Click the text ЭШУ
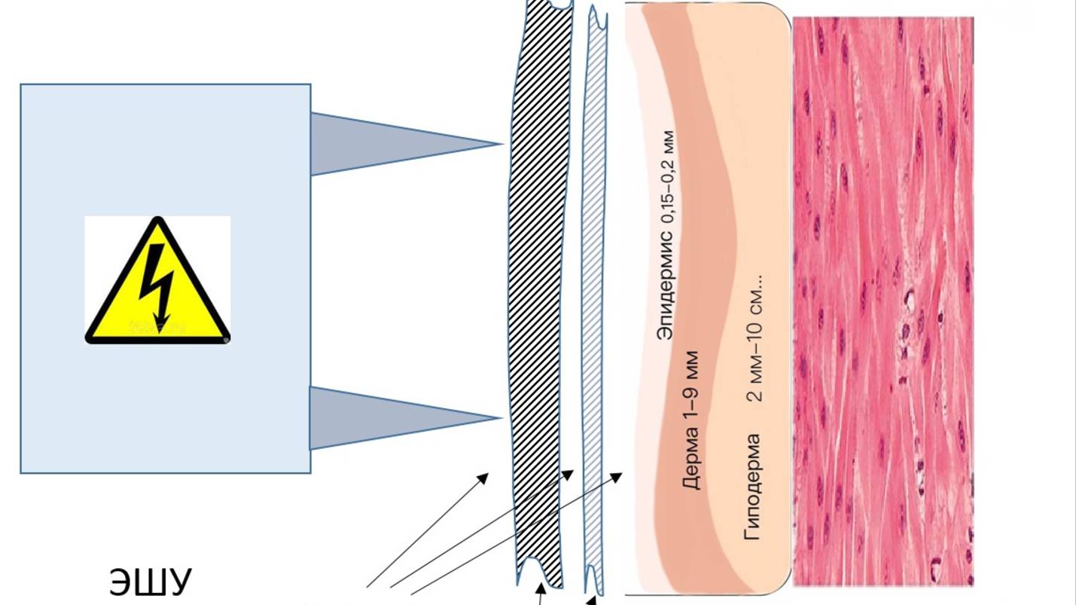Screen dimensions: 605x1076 151,582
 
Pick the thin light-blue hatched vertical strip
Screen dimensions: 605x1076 594,301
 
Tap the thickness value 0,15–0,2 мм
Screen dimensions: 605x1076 666,176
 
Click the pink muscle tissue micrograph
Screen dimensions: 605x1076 882,301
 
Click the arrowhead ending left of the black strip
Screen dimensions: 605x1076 484,477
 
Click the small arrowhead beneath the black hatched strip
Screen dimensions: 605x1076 540,588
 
